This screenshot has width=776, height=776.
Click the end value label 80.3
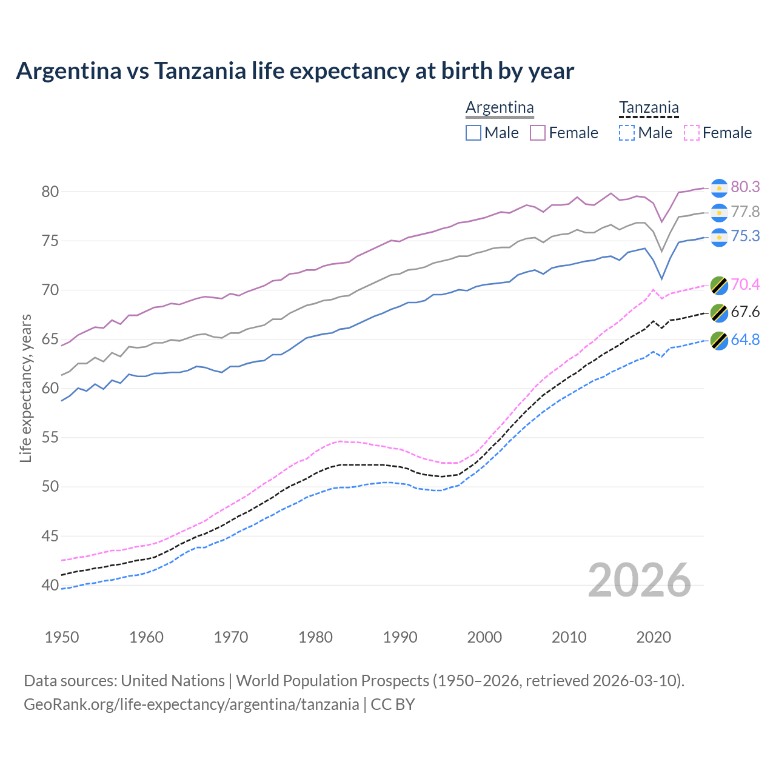click(x=745, y=187)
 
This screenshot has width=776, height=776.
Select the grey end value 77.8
click(x=745, y=212)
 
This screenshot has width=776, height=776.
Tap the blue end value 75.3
click(x=745, y=236)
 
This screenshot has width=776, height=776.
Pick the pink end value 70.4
click(x=745, y=284)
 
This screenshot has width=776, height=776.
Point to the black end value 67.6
click(x=745, y=312)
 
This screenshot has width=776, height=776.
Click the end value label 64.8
click(x=745, y=339)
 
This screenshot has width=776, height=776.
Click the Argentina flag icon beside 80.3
click(x=718, y=188)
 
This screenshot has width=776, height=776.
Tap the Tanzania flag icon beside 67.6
click(x=718, y=313)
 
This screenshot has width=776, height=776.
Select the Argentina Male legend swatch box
click(x=473, y=133)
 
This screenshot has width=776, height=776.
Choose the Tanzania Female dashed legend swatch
click(x=691, y=133)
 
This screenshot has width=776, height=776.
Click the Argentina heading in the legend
click(x=500, y=107)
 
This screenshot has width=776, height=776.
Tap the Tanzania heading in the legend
click(x=649, y=107)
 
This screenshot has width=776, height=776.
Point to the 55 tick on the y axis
click(x=50, y=438)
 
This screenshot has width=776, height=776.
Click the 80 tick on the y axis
click(x=50, y=192)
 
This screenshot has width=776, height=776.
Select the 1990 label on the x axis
click(x=400, y=637)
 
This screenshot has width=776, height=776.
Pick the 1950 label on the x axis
click(x=62, y=637)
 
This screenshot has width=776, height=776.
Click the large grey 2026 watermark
click(x=639, y=580)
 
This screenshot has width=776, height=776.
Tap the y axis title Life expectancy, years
click(x=25, y=388)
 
